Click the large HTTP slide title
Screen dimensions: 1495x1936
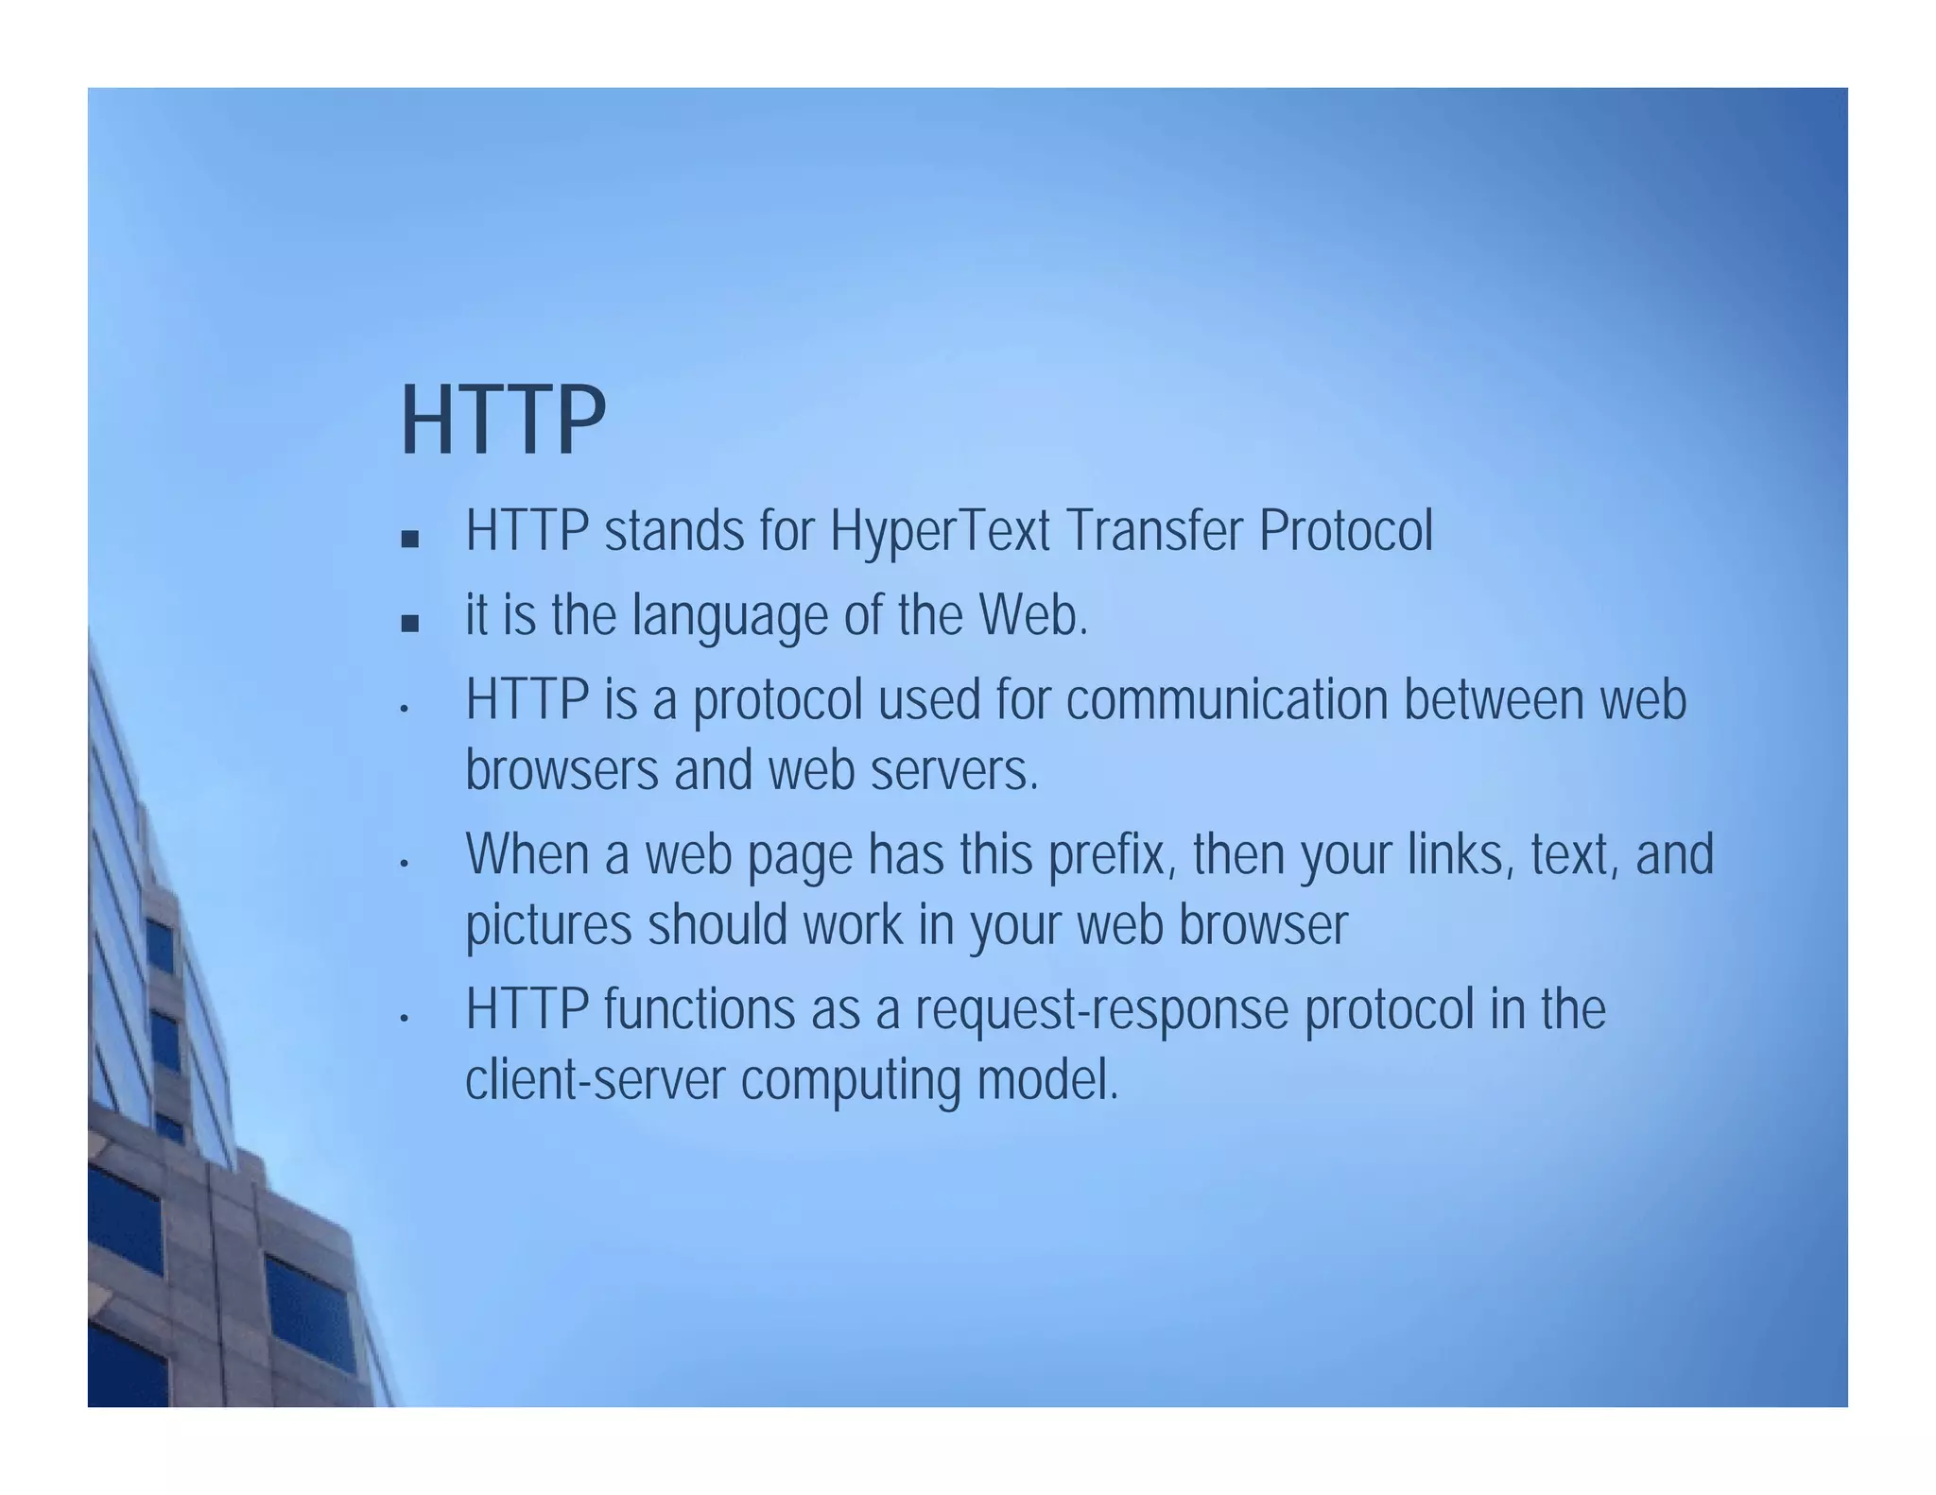(x=502, y=421)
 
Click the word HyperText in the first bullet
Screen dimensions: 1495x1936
(x=940, y=531)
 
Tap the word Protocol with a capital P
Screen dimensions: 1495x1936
(x=1345, y=531)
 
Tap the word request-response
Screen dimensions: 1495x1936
(x=1101, y=1009)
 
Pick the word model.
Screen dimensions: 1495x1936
(x=1047, y=1080)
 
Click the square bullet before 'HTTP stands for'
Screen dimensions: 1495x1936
(x=409, y=540)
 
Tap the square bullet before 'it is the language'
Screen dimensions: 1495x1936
(x=409, y=624)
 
